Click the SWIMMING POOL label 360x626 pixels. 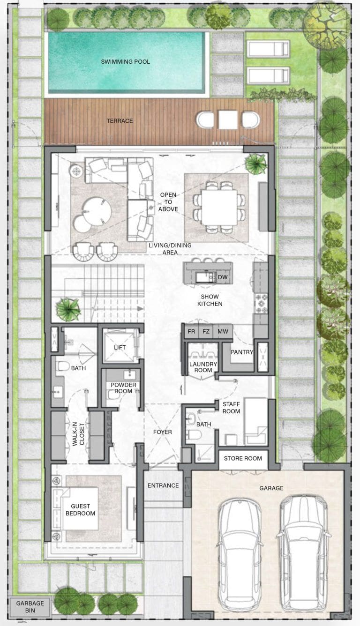click(x=125, y=61)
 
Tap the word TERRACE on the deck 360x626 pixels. click(x=120, y=121)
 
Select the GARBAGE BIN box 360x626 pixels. click(x=30, y=607)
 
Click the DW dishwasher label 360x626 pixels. click(x=223, y=277)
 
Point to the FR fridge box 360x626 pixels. click(x=191, y=331)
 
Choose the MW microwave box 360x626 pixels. click(x=223, y=331)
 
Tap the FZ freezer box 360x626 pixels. click(x=206, y=331)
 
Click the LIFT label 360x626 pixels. click(x=120, y=347)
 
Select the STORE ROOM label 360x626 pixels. click(x=243, y=458)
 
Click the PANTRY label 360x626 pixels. click(x=242, y=352)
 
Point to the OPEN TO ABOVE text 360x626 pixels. click(x=168, y=202)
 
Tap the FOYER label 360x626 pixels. click(x=162, y=432)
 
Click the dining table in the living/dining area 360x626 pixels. click(x=219, y=208)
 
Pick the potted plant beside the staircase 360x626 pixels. click(x=68, y=309)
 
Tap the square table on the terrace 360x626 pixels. click(x=228, y=120)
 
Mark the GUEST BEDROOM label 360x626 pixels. click(x=80, y=510)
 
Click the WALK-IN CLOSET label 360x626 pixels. click(x=78, y=434)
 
